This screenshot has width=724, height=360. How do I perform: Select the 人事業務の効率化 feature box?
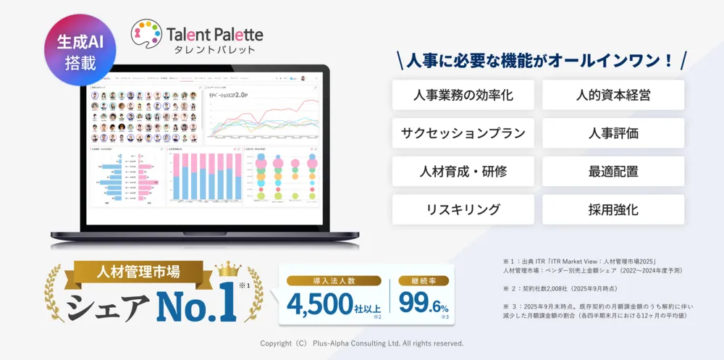(463, 95)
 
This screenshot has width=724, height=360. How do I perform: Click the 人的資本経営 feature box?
(613, 95)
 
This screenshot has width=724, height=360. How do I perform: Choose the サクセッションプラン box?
(463, 133)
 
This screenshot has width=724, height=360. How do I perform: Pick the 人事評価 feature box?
(613, 133)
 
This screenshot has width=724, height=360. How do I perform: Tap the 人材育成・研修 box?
(463, 172)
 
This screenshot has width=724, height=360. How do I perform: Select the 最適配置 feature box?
(613, 172)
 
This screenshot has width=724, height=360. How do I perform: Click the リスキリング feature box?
(463, 210)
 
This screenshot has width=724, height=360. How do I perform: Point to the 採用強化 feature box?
(613, 210)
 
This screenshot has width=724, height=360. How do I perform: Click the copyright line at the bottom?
(362, 343)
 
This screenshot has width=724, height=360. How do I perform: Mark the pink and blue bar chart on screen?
(203, 178)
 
